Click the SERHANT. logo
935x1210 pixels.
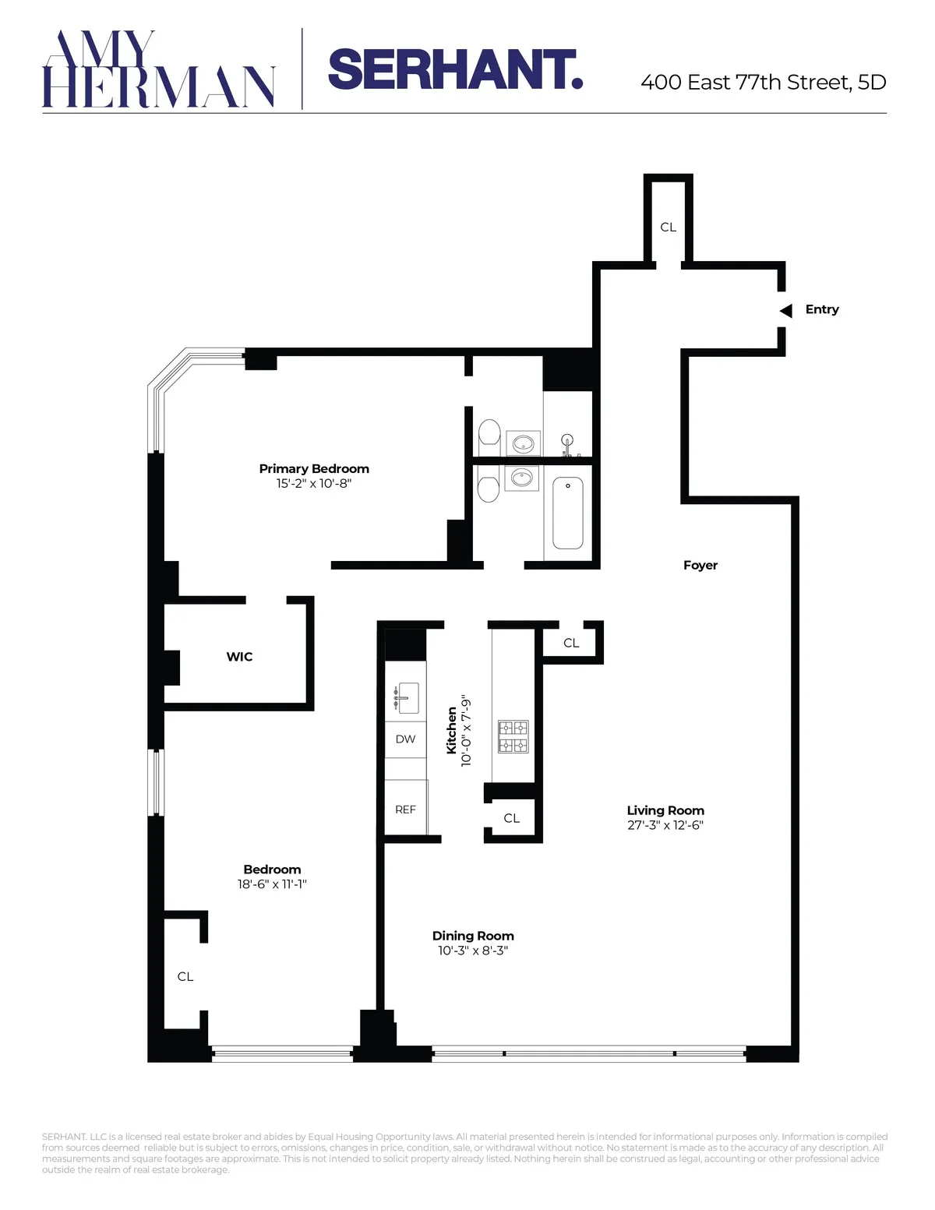455,70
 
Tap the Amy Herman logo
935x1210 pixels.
158,69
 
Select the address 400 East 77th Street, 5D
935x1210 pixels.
763,83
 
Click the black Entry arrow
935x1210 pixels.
786,310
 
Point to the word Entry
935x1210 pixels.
822,309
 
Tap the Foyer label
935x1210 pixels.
700,566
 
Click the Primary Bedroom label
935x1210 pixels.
314,468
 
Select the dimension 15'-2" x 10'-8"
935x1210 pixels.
314,484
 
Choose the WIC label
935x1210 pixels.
239,657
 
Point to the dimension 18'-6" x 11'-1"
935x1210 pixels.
272,884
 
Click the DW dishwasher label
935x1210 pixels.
405,739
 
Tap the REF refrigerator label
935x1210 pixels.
405,810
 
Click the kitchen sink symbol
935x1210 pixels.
406,697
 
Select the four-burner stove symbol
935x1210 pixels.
513,736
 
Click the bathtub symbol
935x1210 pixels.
568,513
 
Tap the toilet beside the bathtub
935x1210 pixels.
489,489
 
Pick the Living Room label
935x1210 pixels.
665,810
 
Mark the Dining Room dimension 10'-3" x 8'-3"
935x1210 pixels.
473,951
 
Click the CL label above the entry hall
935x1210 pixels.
668,228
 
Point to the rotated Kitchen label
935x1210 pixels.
452,730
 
